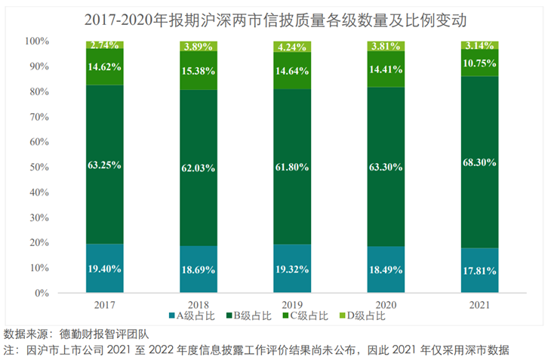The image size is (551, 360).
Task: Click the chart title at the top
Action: click(275, 17)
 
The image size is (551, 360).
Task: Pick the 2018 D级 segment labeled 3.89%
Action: click(199, 46)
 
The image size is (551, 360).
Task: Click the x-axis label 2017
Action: click(105, 305)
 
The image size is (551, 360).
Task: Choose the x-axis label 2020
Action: click(386, 305)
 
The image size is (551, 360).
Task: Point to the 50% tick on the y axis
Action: click(38, 167)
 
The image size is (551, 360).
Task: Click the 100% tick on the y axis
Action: click(36, 41)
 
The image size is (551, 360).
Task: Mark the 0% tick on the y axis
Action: click(41, 293)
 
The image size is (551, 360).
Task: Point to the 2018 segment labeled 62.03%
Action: click(199, 168)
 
